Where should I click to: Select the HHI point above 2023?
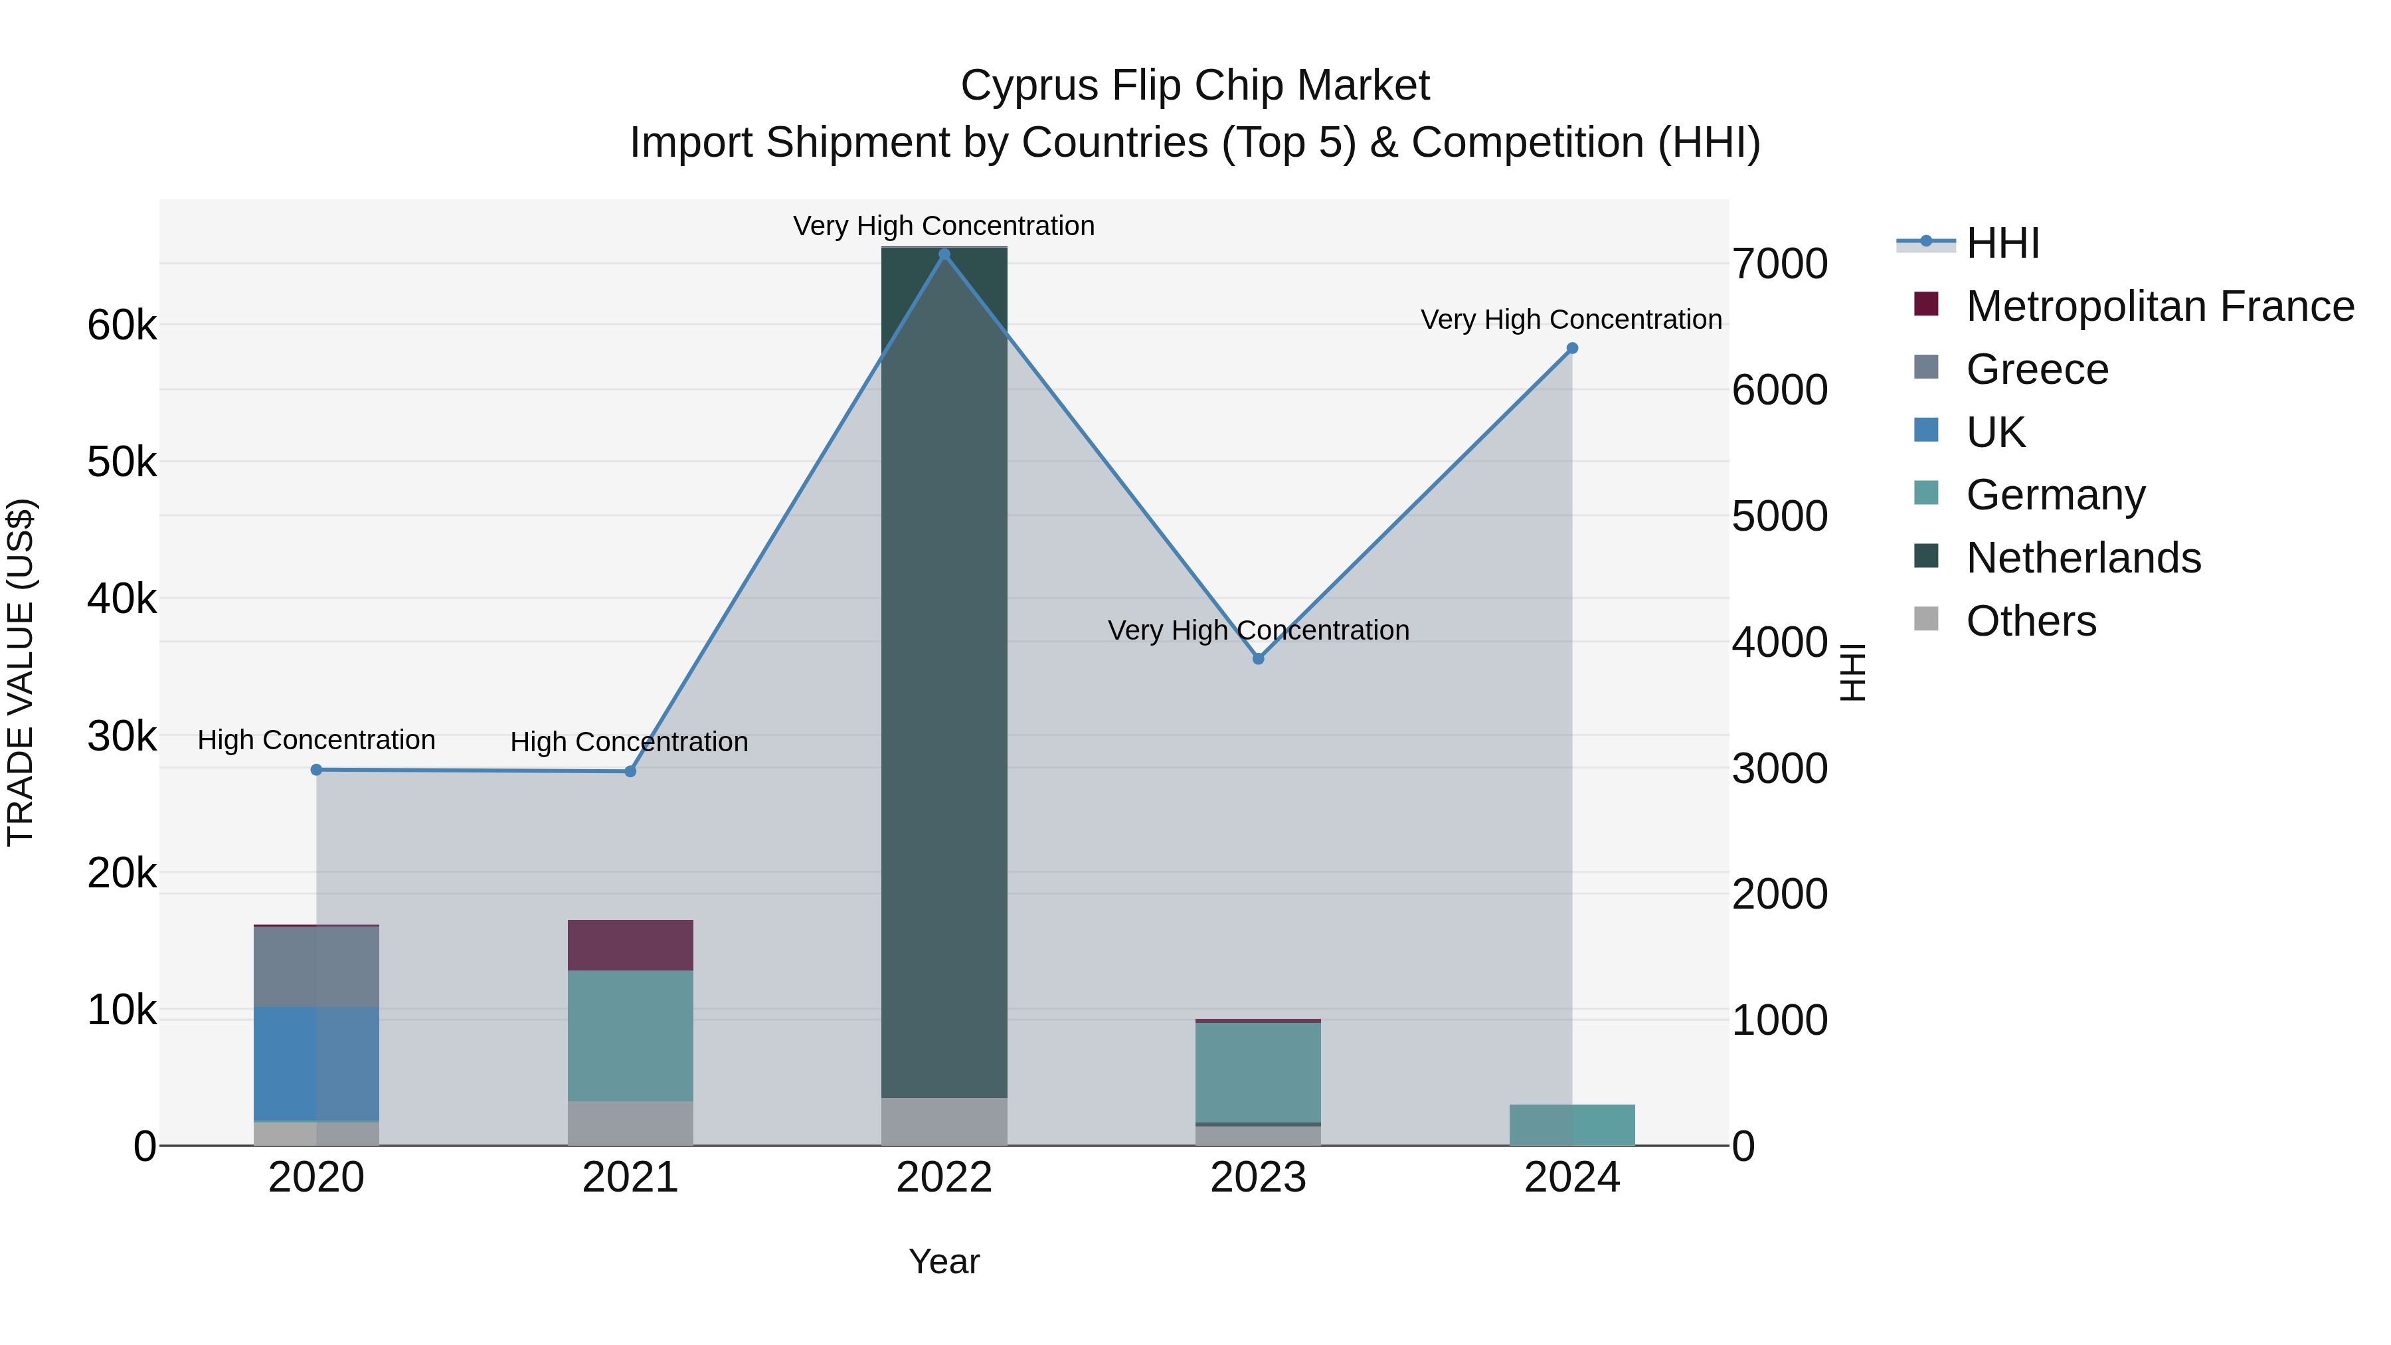(1259, 659)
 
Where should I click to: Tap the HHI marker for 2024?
(1572, 349)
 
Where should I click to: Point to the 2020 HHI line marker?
(317, 770)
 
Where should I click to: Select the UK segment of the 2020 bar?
(317, 1064)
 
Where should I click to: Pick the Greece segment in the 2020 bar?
(317, 967)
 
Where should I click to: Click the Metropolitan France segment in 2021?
(630, 946)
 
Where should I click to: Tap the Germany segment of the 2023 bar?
(1259, 1073)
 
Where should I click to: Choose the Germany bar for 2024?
(1572, 1125)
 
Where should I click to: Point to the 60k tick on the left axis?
(122, 326)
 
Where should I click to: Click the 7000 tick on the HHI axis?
(1780, 264)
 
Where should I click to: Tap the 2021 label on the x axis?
(630, 1178)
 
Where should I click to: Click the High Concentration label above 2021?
(630, 742)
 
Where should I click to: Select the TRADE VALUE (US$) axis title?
(21, 673)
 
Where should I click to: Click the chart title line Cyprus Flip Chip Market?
(1195, 86)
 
